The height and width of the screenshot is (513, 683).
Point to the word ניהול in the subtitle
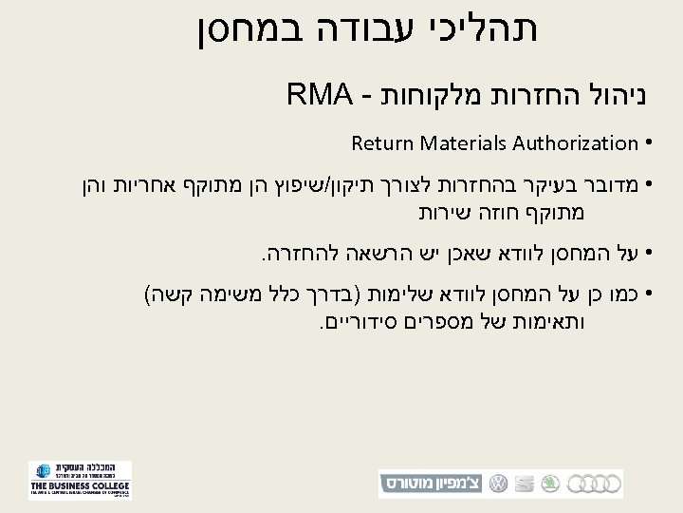(x=588, y=95)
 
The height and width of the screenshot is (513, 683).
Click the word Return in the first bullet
(x=377, y=143)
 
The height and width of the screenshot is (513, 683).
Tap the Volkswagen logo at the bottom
(x=497, y=483)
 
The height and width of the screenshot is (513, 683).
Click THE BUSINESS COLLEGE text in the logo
(x=80, y=484)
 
